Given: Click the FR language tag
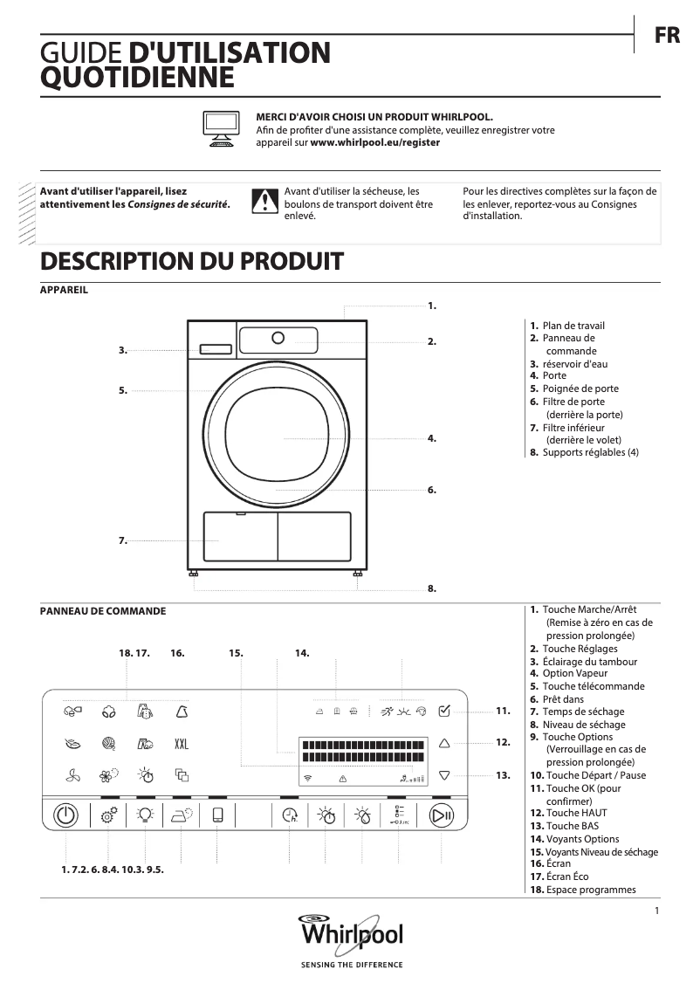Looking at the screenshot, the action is [667, 36].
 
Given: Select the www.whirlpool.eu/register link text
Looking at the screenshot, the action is [375, 142].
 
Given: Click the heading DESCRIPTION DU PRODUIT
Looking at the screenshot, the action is [192, 261].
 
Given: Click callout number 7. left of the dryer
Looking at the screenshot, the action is [123, 541].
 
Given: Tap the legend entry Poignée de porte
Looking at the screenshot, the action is [580, 388].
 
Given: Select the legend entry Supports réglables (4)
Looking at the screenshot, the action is [590, 452].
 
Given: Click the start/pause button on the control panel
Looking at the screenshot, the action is [442, 815].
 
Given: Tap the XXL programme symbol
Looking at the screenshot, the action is [182, 745].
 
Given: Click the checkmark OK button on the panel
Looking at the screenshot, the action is [444, 711].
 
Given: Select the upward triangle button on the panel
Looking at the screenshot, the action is [444, 743].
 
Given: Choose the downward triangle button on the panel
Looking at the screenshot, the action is [444, 774].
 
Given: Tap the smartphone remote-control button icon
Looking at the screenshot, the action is [217, 815].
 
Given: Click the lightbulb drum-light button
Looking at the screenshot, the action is [145, 815].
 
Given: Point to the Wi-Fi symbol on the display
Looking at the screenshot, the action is [307, 777].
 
